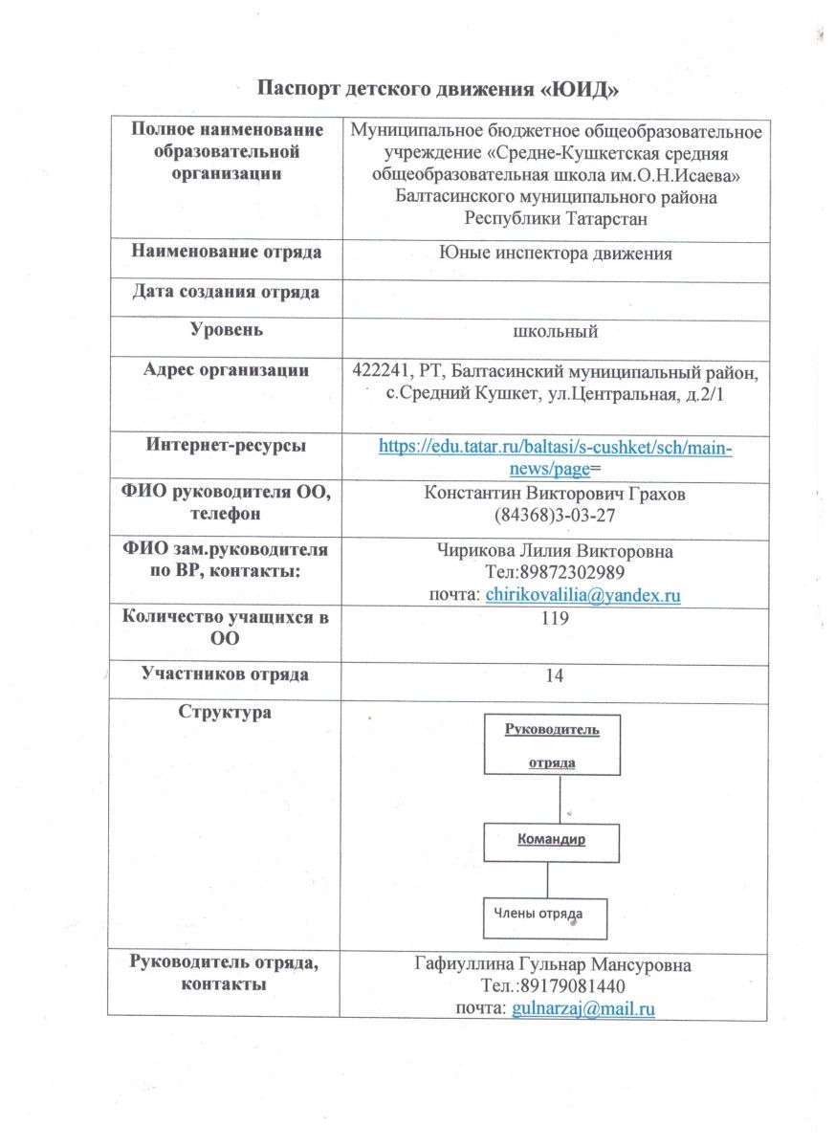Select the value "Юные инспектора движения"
tap(556, 254)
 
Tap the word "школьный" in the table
tap(556, 332)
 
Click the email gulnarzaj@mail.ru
tap(582, 1008)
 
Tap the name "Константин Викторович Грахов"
tap(556, 495)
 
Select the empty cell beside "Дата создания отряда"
tap(556, 294)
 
